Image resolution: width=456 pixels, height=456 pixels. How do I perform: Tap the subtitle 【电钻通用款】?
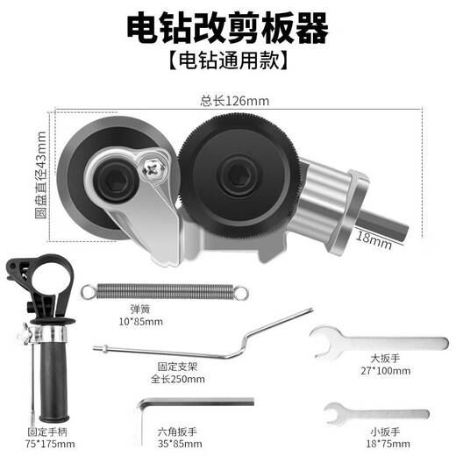coord(228,62)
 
